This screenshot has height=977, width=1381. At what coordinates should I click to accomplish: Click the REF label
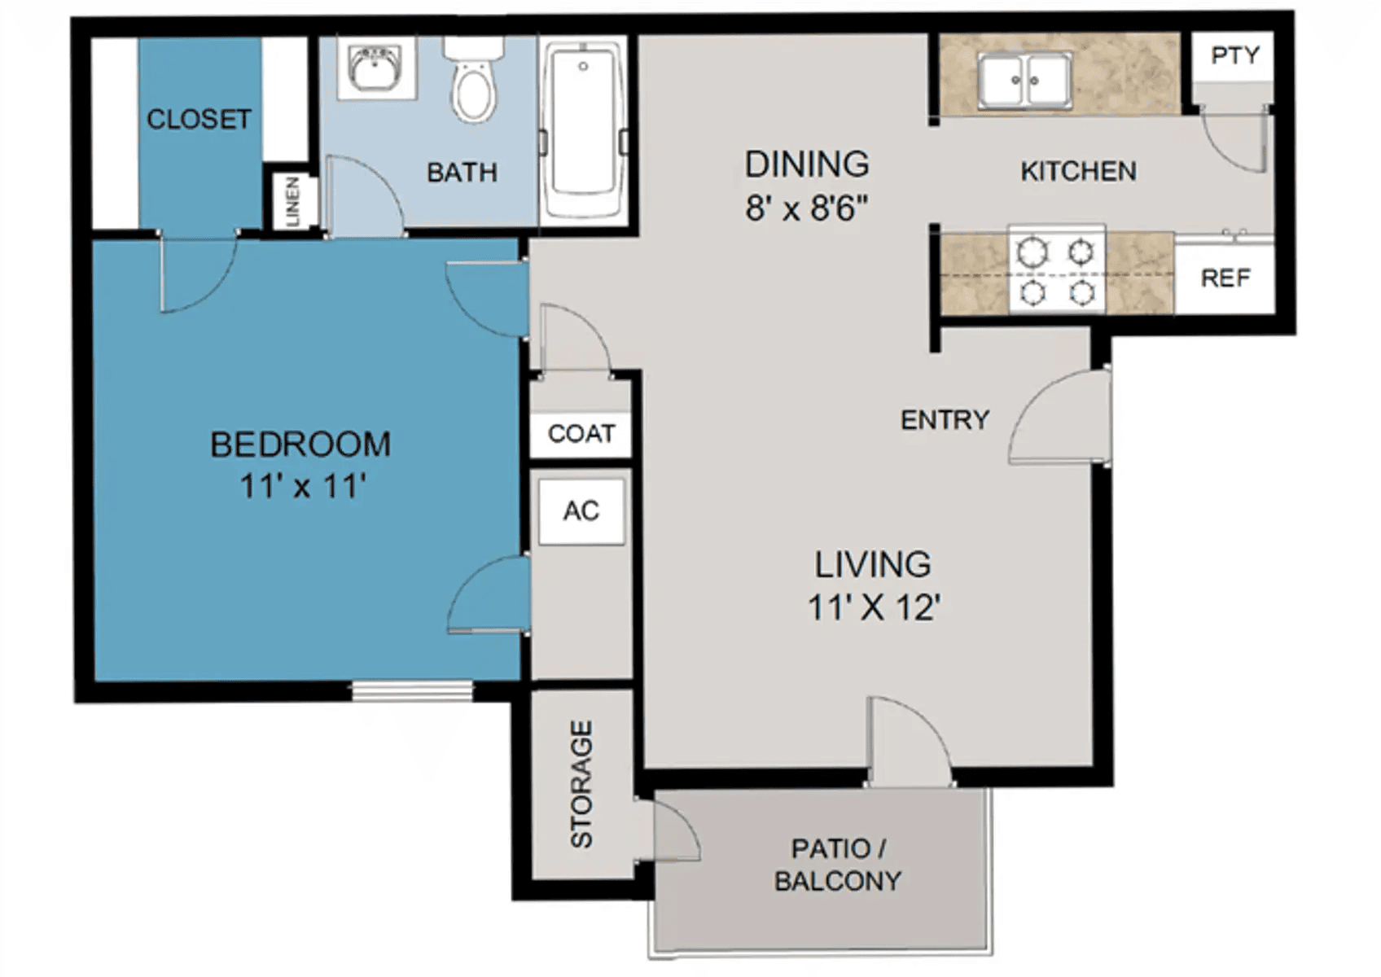[1225, 278]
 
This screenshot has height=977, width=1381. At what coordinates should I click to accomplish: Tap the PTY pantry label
[1235, 55]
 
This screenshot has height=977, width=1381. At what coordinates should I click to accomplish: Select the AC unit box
[581, 511]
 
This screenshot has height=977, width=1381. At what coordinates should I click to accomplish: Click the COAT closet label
[581, 434]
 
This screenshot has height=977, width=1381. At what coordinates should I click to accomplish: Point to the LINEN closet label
[293, 201]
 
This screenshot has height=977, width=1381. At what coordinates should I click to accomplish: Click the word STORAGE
[581, 784]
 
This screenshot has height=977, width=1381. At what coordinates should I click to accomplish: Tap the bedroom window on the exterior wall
[413, 690]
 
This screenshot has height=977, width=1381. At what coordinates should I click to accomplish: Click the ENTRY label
[945, 420]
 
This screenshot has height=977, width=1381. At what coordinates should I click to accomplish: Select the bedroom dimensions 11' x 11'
[303, 486]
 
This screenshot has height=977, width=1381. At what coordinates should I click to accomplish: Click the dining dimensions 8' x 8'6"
[807, 208]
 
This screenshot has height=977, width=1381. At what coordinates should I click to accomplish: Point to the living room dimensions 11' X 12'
[874, 607]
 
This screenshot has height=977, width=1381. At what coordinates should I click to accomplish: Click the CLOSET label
[199, 120]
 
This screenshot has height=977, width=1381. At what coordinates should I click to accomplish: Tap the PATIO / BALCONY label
[838, 865]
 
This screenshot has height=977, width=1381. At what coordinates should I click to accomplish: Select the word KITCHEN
[1079, 171]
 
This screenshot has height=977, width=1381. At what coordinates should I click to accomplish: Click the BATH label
[463, 173]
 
